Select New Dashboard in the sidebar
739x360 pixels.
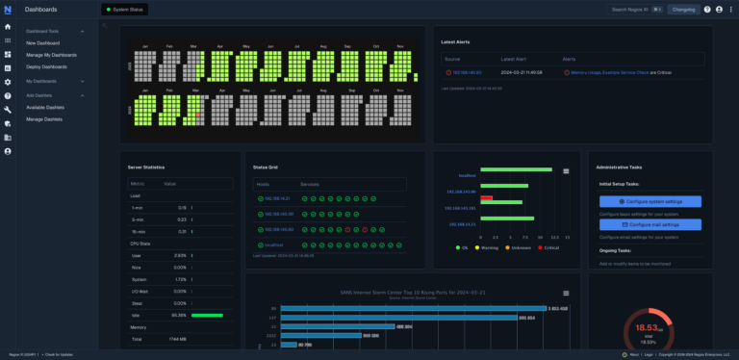(x=43, y=43)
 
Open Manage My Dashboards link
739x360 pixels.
(x=52, y=55)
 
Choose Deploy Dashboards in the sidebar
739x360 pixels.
(x=47, y=66)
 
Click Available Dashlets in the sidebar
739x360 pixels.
(x=45, y=107)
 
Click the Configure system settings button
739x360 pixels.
(x=650, y=201)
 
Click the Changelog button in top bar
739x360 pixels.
(x=683, y=10)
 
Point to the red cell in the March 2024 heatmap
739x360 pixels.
(x=198, y=114)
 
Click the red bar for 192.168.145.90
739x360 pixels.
(x=486, y=197)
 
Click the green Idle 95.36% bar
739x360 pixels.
(x=207, y=315)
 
